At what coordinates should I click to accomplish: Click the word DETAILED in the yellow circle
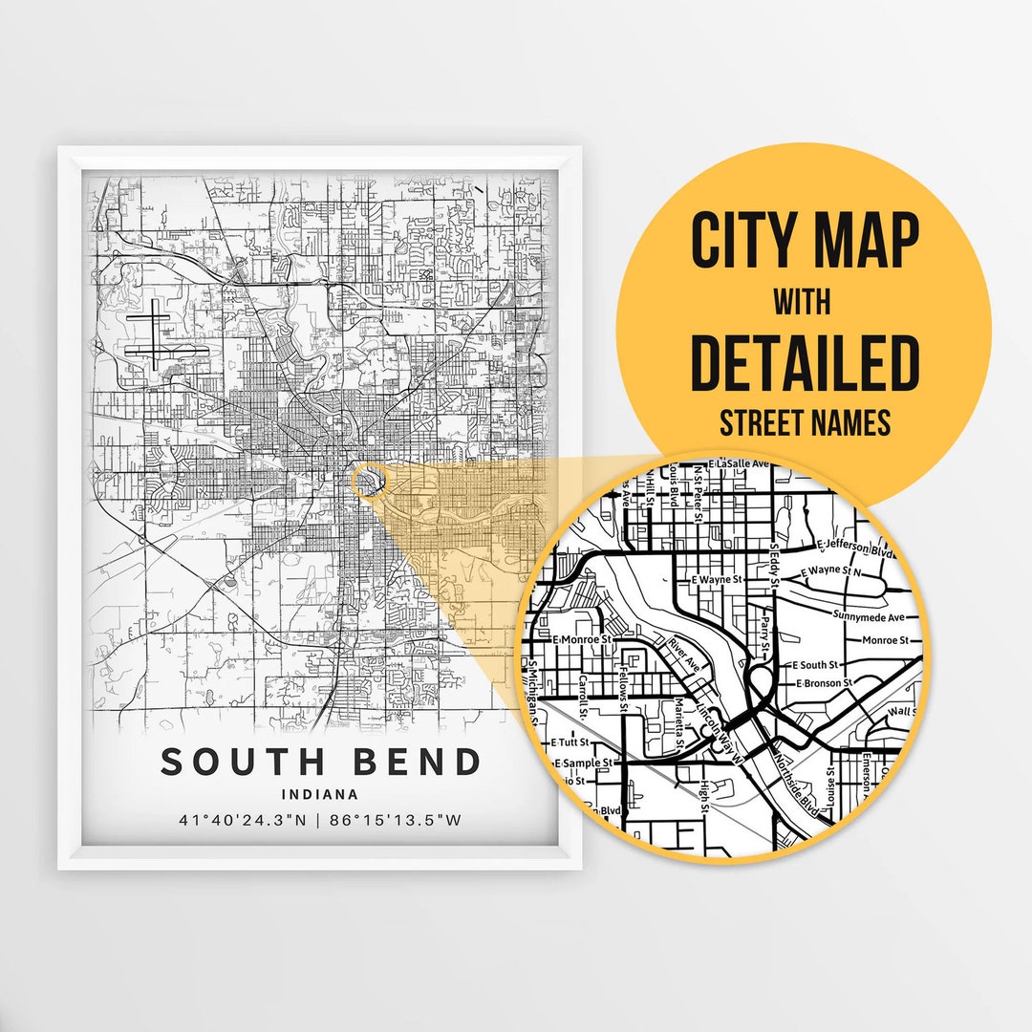tap(804, 364)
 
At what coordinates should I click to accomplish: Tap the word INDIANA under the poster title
tap(320, 793)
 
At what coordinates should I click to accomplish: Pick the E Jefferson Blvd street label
tap(859, 548)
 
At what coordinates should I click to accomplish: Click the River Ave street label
tap(685, 654)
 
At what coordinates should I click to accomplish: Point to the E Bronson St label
tap(824, 683)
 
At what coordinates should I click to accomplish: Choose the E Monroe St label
tap(581, 638)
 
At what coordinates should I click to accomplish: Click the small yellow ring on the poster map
tap(368, 481)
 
